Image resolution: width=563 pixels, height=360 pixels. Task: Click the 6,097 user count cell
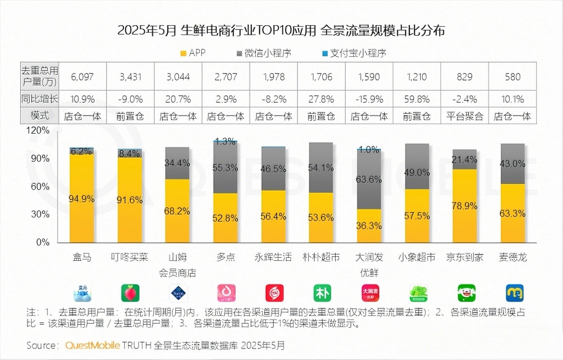[82, 77]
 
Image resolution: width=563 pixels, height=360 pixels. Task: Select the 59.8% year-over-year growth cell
[417, 99]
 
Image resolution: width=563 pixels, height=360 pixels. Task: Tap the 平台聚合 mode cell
[464, 116]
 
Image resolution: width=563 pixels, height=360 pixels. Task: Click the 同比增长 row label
[40, 99]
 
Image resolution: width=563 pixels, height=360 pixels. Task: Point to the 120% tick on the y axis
[38, 131]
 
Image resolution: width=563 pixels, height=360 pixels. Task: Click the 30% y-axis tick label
[40, 215]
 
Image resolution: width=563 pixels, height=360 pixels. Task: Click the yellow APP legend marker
[184, 53]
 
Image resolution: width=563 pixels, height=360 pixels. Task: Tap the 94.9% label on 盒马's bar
[82, 199]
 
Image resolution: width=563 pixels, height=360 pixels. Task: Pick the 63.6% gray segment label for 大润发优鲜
[369, 180]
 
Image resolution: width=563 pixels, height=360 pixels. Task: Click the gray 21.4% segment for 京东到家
[465, 160]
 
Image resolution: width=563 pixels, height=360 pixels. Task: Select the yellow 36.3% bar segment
[369, 226]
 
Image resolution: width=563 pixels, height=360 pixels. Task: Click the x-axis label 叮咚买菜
[130, 257]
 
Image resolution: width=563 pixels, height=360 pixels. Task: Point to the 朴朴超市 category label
[321, 257]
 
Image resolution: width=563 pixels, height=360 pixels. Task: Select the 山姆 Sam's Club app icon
[178, 293]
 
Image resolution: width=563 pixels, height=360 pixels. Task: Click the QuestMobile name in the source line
[93, 345]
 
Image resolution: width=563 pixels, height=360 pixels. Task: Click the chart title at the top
[281, 31]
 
